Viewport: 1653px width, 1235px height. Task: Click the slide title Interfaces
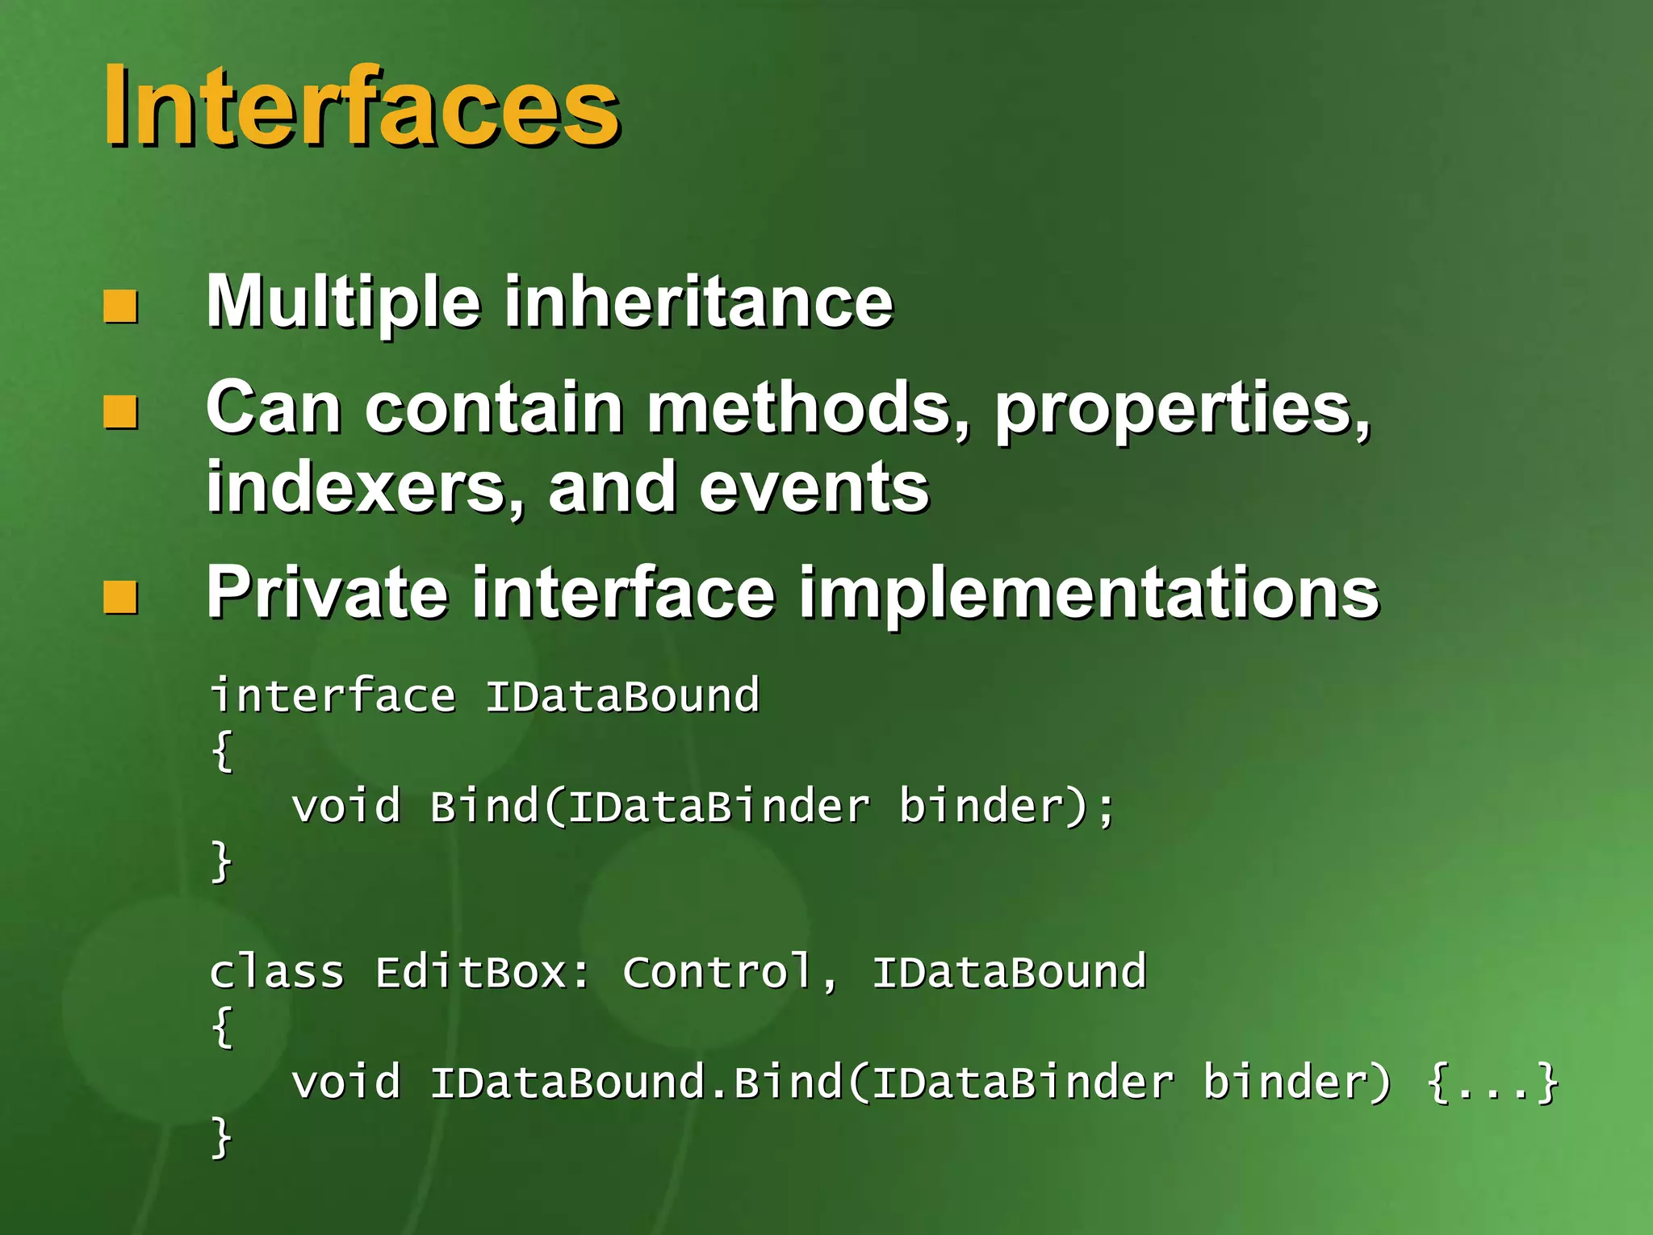(361, 106)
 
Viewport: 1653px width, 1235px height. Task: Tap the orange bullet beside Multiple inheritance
(120, 307)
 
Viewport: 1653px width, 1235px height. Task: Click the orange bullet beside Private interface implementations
(120, 598)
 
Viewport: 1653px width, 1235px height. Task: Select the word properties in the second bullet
(1182, 410)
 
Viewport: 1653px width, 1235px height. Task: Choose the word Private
(327, 593)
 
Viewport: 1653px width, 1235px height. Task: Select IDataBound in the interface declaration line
(622, 696)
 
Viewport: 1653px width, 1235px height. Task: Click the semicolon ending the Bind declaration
(1106, 807)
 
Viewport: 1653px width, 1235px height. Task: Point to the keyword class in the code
(277, 972)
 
